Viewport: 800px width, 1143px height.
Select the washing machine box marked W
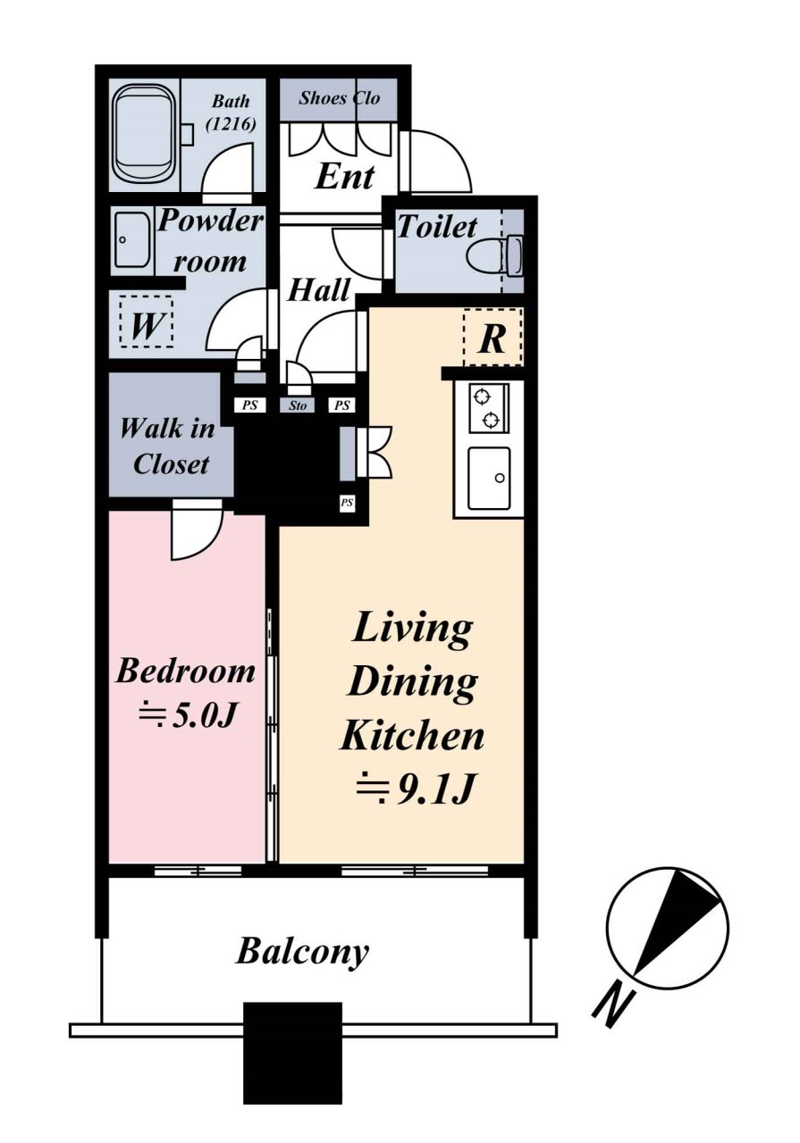pos(146,323)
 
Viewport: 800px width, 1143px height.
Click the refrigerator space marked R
pos(493,337)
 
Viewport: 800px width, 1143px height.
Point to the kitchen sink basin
pos(490,478)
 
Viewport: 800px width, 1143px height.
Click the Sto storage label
pos(298,405)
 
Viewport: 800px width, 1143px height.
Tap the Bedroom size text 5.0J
pos(188,718)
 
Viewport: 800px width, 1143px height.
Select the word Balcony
pos(302,952)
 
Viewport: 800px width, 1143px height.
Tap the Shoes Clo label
pos(339,98)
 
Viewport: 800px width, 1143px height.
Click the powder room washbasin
pos(131,240)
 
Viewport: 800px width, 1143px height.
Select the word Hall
pos(319,290)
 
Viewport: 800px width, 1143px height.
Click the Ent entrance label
pos(345,177)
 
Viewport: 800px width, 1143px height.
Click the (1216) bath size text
pos(231,124)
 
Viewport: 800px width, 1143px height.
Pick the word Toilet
pos(437,227)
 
